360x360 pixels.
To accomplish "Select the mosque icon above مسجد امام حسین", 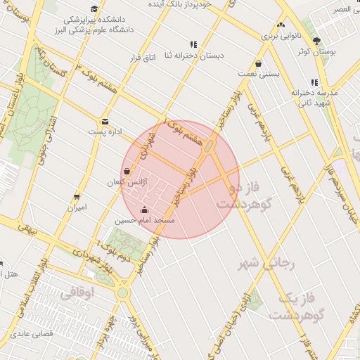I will [x=145, y=210].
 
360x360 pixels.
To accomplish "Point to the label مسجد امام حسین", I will [x=146, y=220].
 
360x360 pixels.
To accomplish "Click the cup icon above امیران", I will [x=76, y=197].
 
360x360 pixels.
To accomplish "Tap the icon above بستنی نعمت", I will [x=259, y=62].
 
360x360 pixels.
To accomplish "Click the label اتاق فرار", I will [x=141, y=58].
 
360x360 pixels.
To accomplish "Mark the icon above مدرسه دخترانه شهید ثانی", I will [x=314, y=82].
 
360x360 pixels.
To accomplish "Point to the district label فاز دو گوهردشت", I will [x=245, y=197].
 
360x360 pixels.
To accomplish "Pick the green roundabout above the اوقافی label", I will [x=122, y=292].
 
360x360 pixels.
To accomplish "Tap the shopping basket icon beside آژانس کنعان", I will [x=127, y=171].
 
